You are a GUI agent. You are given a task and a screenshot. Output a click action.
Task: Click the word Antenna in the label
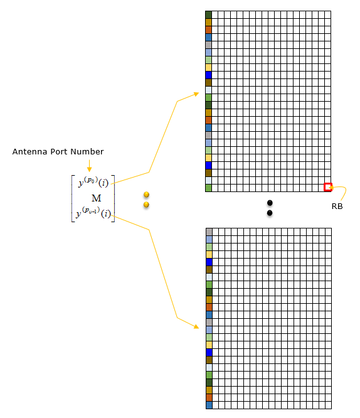30,152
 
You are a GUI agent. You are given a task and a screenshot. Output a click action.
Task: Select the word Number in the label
87,152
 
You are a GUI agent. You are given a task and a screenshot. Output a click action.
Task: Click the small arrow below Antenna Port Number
89,166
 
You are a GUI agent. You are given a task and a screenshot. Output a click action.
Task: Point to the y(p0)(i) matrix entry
93,182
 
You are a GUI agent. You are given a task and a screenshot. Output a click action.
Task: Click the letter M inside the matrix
96,198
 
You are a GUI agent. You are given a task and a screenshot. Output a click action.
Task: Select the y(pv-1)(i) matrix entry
93,213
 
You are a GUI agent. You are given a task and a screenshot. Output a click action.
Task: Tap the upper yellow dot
146,195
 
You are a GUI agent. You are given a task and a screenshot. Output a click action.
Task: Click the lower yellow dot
146,205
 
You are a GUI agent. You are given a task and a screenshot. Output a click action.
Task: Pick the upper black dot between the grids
270,203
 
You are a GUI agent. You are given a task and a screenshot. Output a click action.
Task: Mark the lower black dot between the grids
270,213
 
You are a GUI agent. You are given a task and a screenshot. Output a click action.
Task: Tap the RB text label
337,206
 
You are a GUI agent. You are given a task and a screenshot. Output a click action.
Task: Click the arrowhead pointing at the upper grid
196,94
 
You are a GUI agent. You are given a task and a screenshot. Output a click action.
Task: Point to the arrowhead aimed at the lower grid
196,326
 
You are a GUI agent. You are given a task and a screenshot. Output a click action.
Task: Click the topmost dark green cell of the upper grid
208,14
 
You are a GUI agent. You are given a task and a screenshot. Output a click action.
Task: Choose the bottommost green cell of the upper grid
208,188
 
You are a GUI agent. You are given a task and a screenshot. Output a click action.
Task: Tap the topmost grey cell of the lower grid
209,232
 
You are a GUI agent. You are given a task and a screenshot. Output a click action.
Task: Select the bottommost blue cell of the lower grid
209,405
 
